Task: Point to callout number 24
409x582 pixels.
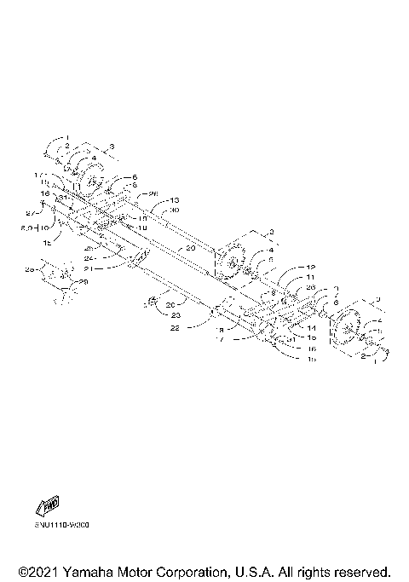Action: (112, 256)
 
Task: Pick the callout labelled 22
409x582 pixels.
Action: (175, 327)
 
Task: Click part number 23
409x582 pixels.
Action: (176, 315)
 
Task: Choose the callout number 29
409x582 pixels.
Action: (83, 281)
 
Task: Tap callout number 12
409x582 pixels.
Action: (311, 267)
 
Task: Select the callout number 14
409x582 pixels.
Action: (312, 328)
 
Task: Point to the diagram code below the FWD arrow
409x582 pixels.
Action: (61, 525)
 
